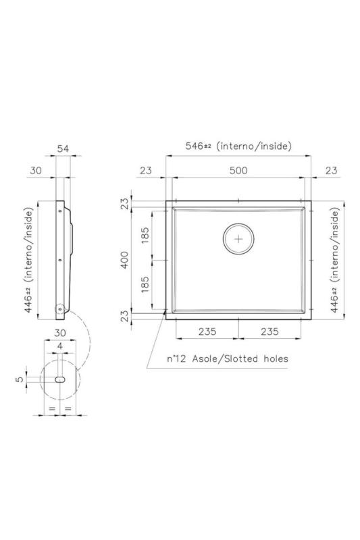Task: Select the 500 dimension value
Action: click(237, 171)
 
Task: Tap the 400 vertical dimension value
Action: click(124, 260)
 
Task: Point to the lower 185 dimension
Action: click(145, 284)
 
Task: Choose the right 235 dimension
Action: click(269, 332)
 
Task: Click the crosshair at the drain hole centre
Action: click(238, 239)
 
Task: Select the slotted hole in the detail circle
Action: click(60, 381)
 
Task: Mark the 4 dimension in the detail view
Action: click(60, 346)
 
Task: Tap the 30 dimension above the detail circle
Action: click(60, 333)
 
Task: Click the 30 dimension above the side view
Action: click(36, 171)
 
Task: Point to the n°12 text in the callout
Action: click(178, 359)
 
